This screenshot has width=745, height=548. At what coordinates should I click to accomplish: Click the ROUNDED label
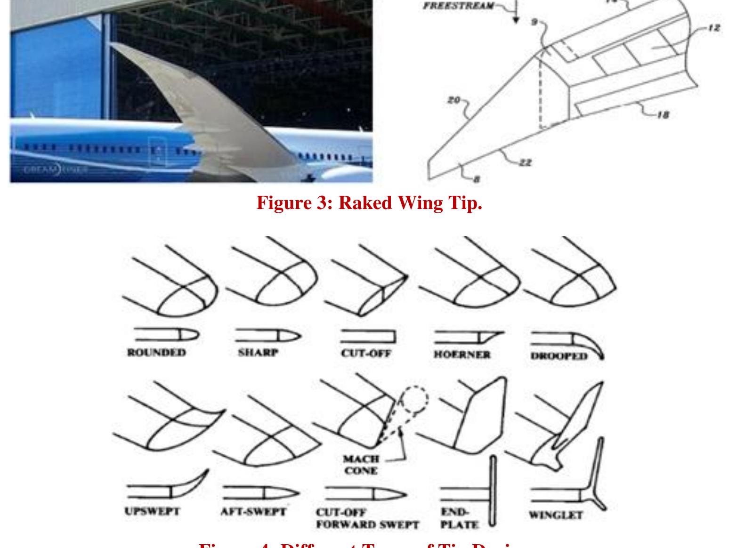click(156, 353)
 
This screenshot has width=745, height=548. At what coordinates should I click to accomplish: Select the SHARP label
click(258, 353)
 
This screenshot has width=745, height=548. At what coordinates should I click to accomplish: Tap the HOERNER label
click(462, 355)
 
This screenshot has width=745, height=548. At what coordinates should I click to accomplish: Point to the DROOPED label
click(559, 356)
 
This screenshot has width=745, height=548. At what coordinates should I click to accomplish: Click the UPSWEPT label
click(152, 511)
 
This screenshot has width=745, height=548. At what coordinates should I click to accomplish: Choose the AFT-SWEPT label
click(253, 512)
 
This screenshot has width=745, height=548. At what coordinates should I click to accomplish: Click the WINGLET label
click(556, 515)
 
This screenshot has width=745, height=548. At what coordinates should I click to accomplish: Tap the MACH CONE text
click(361, 465)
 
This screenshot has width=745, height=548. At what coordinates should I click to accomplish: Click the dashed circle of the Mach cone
click(414, 400)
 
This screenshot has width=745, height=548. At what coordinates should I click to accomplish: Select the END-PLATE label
click(459, 518)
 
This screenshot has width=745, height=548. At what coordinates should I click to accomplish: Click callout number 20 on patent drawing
click(453, 100)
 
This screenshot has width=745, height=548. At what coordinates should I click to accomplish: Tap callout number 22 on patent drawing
click(525, 162)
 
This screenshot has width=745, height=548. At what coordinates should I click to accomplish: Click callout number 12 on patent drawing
click(714, 28)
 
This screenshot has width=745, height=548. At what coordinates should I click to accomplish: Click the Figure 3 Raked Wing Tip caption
click(369, 203)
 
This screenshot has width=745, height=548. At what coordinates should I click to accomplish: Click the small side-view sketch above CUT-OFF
click(368, 336)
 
